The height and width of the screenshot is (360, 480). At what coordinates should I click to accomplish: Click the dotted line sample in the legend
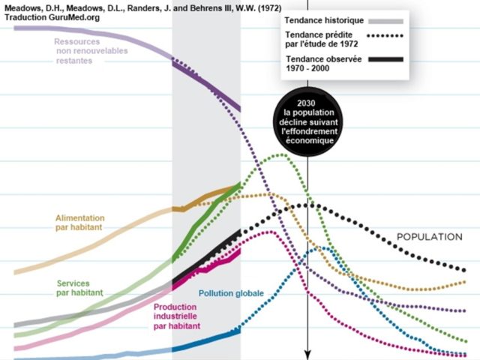pos(382,36)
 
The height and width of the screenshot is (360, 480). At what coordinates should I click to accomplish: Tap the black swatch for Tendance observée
pos(382,60)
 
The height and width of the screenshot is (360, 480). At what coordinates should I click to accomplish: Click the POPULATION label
pos(429,237)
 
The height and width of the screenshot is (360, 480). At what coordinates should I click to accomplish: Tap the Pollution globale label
pos(231,293)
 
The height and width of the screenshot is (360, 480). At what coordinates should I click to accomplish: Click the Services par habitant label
pos(79,288)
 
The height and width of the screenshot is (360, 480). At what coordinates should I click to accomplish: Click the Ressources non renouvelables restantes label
pos(91,51)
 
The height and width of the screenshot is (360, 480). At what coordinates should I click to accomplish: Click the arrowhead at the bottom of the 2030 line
pos(307,354)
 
